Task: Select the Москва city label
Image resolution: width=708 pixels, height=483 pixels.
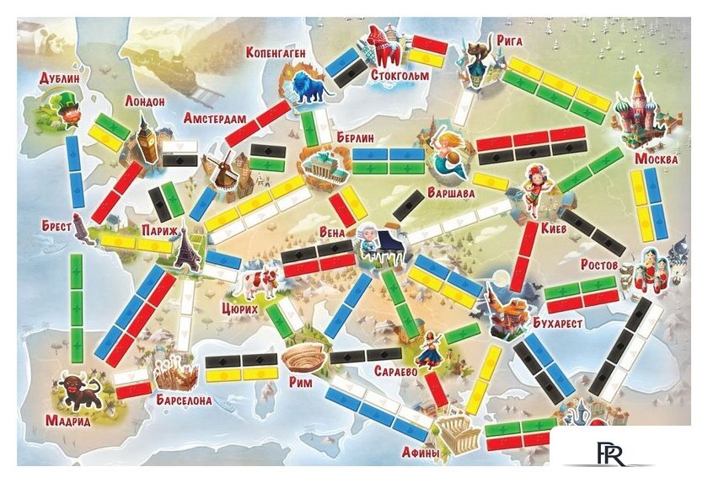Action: [655, 159]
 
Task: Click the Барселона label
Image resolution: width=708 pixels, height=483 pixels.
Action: [184, 400]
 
